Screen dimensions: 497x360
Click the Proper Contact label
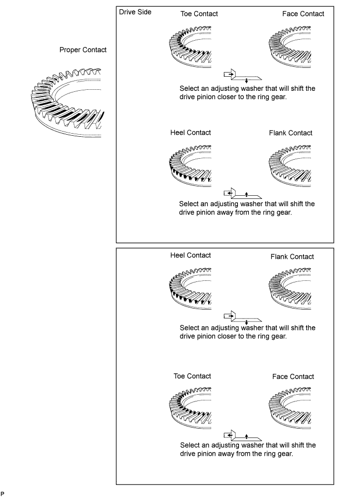coord(83,50)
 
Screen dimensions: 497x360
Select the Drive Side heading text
coord(135,13)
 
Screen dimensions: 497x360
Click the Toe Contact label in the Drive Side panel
coord(199,14)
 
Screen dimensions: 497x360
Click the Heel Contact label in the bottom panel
coord(190,255)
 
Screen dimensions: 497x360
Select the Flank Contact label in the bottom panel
coord(292,256)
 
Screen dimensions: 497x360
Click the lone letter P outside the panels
coord(3,492)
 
